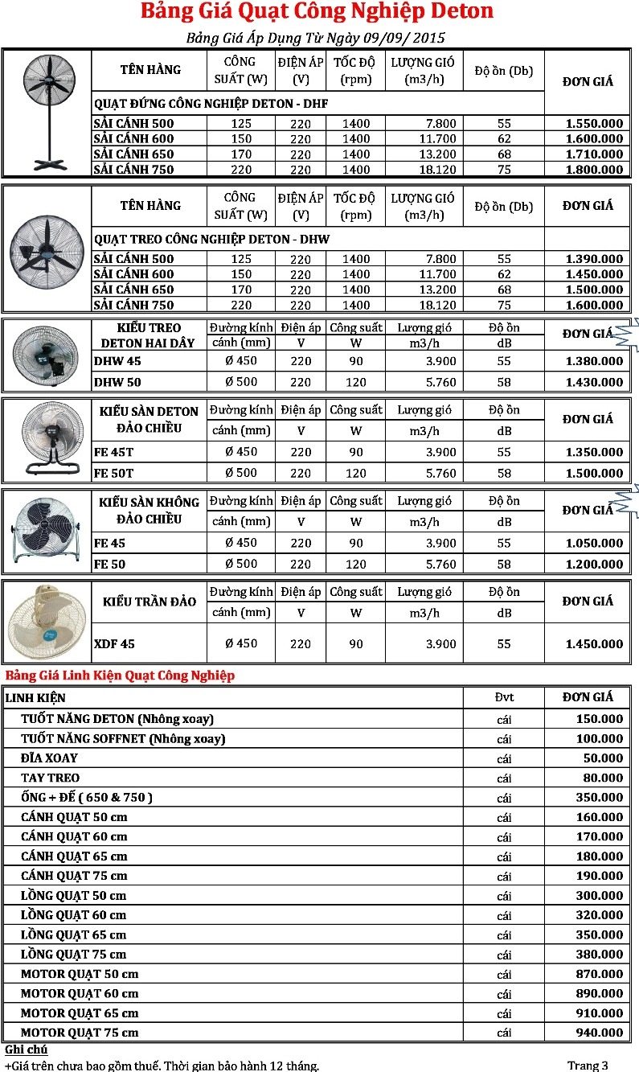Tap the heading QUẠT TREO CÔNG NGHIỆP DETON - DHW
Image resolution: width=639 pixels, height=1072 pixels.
pos(212,239)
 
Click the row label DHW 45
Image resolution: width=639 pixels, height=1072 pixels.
pos(117,361)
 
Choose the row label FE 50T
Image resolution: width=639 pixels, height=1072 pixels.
pos(113,473)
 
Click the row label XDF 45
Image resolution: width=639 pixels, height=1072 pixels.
pos(114,644)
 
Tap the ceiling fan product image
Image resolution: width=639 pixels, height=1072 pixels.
pos(46,622)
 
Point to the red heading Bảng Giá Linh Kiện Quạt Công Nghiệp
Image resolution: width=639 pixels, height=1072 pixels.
pos(120,675)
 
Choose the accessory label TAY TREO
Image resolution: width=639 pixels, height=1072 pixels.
pos(51,778)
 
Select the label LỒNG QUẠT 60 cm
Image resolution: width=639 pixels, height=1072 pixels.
pos(73,915)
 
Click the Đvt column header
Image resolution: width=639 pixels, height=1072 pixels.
pos(504,697)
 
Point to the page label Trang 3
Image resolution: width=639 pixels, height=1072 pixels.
pos(588,1066)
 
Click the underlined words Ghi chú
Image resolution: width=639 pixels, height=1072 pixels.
pos(26,1050)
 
